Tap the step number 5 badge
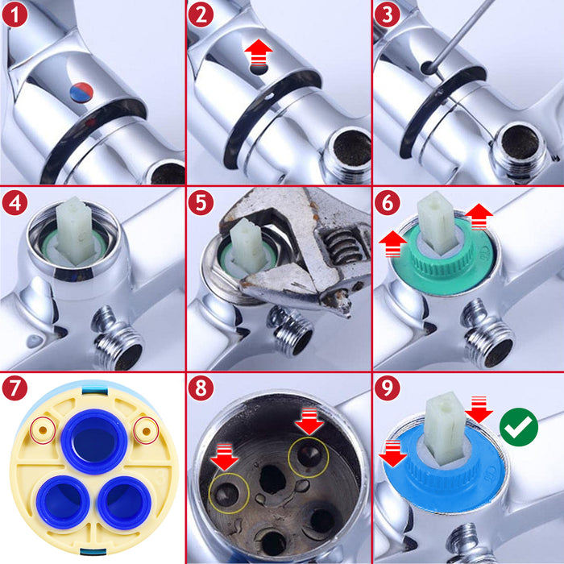click(x=201, y=202)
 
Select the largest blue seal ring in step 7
click(x=95, y=442)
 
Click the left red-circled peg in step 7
click(x=40, y=430)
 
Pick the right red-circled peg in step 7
click(x=145, y=430)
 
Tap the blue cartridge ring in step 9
click(x=427, y=483)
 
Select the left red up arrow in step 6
click(x=392, y=244)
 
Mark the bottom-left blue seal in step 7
click(x=62, y=501)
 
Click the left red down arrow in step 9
click(x=392, y=453)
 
